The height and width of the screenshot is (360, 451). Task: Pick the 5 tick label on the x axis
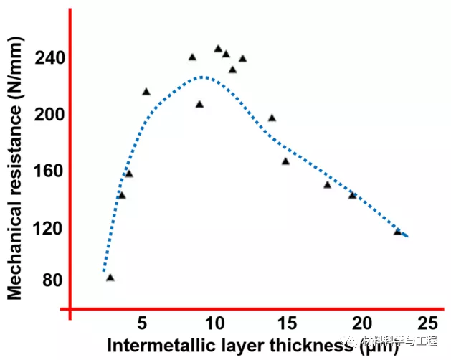pos(143,321)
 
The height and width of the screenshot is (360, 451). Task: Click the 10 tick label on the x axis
pos(214,321)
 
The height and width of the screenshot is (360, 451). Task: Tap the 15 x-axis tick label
pos(288,321)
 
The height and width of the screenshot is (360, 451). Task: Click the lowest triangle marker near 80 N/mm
pos(110,278)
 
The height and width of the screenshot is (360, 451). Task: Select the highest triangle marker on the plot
pos(218,49)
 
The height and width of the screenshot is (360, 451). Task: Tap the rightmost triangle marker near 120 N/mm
pos(397,232)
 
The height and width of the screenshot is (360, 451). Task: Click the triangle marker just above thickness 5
pos(146,92)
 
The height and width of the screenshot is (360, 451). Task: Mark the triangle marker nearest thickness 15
pos(285,161)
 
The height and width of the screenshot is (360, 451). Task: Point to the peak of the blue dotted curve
pos(202,76)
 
